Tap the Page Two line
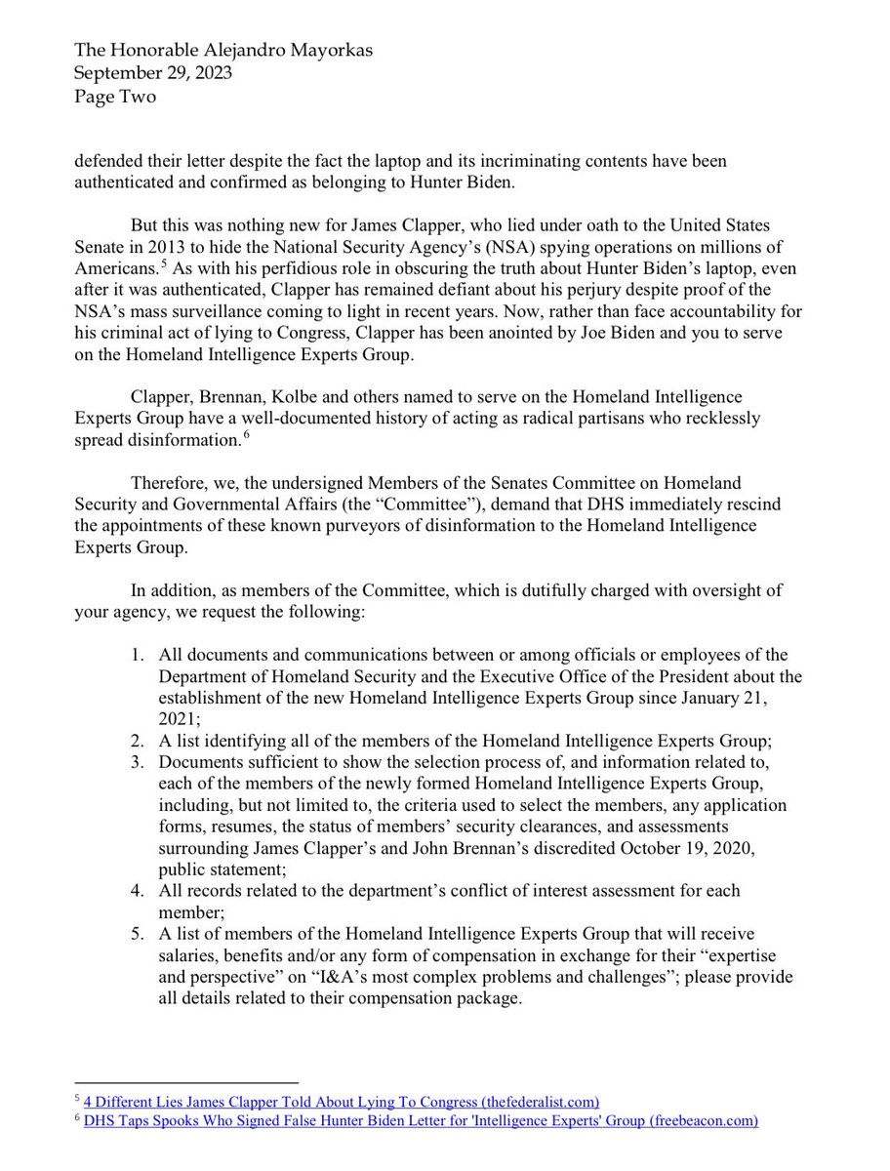pyautogui.click(x=115, y=97)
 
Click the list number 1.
pyautogui.click(x=140, y=654)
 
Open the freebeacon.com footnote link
pyautogui.click(x=422, y=1121)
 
